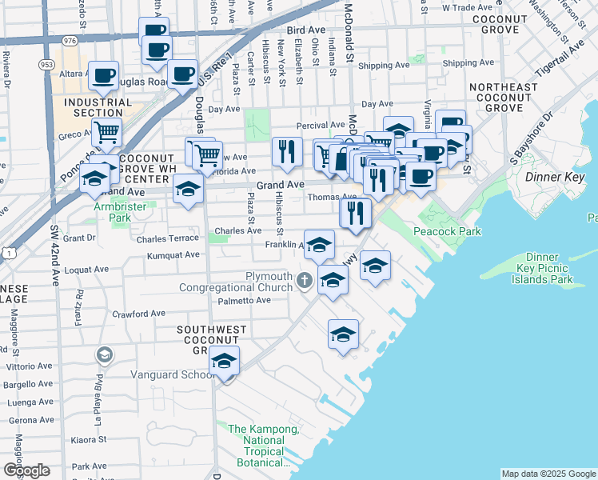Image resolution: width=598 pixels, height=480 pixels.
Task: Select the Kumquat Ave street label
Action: (x=173, y=255)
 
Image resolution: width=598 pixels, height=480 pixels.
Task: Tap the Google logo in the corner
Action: (x=26, y=470)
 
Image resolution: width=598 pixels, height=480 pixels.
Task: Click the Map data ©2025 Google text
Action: (x=548, y=474)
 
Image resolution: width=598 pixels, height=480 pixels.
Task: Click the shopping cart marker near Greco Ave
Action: (x=106, y=133)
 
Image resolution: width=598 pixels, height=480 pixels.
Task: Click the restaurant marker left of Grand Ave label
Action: (x=285, y=150)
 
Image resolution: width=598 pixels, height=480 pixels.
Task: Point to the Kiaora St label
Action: (x=83, y=439)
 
